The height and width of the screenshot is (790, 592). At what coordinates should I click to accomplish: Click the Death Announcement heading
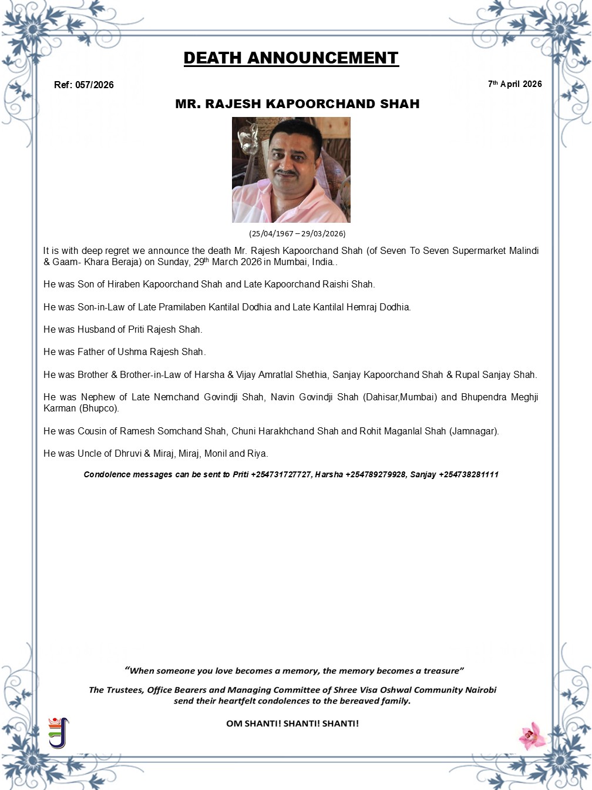[291, 58]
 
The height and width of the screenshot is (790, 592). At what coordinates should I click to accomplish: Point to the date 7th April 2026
[514, 84]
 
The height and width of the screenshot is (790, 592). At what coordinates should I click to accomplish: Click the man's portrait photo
[291, 170]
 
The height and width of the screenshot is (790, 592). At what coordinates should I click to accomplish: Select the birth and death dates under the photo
[297, 233]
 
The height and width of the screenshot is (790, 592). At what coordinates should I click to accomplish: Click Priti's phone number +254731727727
[281, 474]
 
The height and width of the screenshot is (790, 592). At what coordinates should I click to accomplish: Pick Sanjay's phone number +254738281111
[468, 474]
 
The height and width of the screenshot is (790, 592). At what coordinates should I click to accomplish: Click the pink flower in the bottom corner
[532, 735]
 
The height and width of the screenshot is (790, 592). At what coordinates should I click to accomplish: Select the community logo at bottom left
[58, 732]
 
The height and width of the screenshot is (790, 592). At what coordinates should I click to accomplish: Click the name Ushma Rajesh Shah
[160, 352]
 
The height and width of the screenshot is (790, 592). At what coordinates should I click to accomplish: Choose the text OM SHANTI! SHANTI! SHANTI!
[292, 724]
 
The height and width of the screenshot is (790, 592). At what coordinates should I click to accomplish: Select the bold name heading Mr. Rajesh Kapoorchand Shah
[297, 104]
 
